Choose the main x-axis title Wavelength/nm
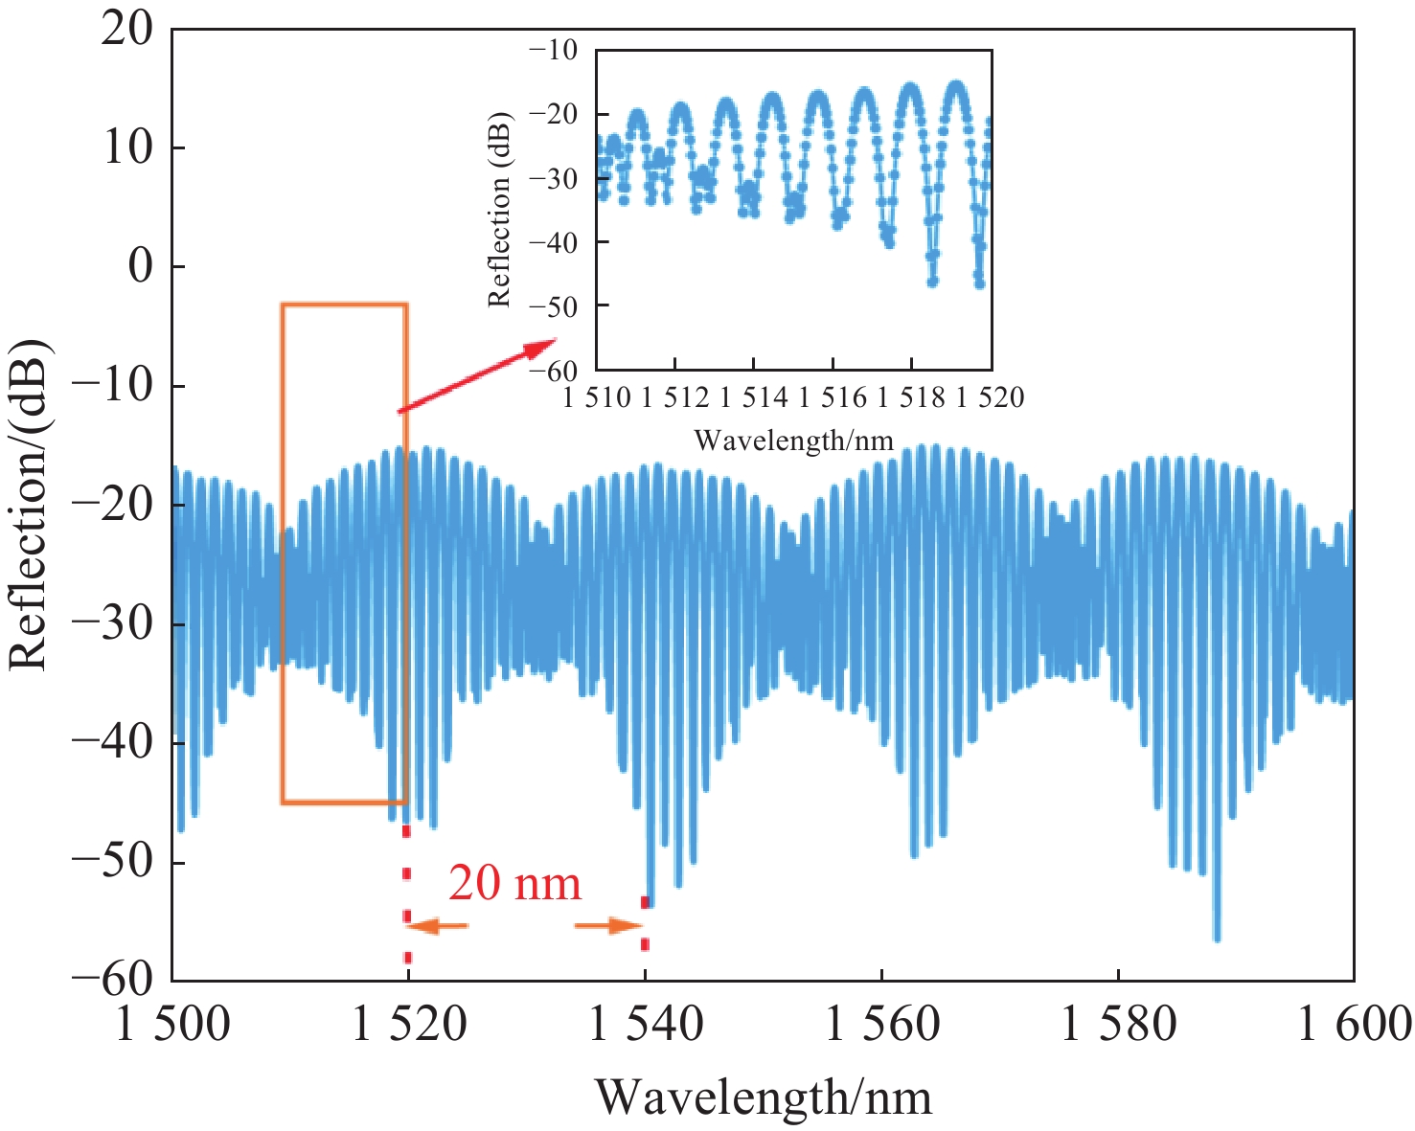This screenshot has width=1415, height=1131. (x=764, y=1097)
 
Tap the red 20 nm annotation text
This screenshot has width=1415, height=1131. (x=514, y=883)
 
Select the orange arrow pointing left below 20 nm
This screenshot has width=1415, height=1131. (x=438, y=926)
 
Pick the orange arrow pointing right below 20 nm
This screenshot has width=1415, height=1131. (x=609, y=926)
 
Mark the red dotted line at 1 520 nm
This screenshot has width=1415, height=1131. (x=407, y=895)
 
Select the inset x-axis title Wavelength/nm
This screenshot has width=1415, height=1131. (x=793, y=441)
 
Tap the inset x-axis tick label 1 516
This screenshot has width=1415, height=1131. (x=832, y=396)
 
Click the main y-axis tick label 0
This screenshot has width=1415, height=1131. (x=141, y=266)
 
